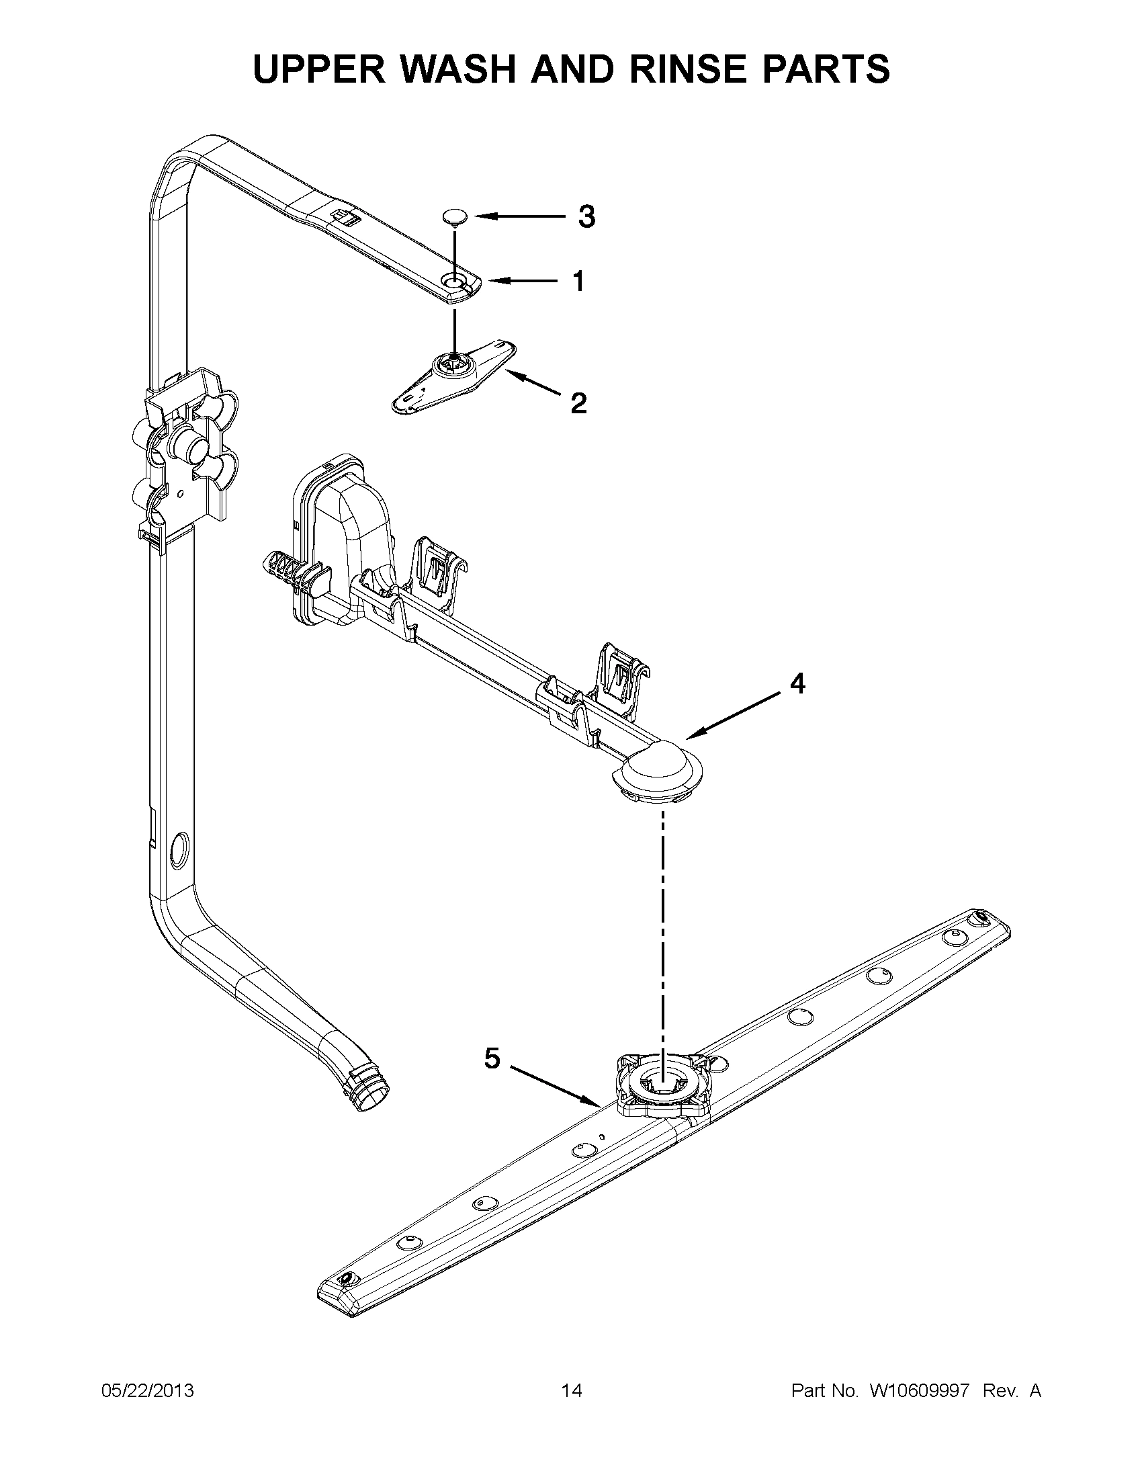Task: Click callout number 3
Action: click(x=586, y=216)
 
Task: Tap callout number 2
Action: click(x=579, y=404)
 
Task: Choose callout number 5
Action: click(x=492, y=1058)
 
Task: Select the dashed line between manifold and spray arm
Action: click(x=663, y=935)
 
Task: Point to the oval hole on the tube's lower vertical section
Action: click(x=179, y=850)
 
